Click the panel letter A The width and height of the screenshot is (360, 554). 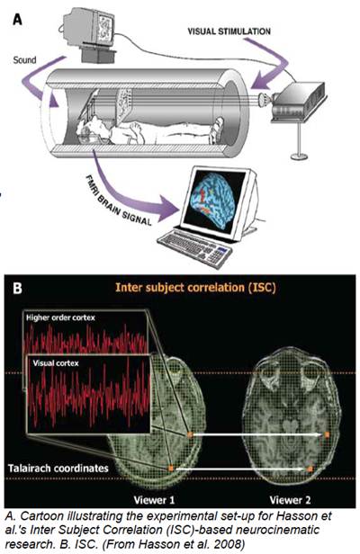17,19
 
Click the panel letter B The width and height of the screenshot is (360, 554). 17,288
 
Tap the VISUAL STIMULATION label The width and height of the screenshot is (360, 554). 229,31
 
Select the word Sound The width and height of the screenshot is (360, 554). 24,60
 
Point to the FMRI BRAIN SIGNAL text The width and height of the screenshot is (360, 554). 119,201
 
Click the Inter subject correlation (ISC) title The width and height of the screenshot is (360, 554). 195,287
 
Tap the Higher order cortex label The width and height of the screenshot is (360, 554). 60,317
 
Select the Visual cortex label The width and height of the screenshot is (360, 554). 56,362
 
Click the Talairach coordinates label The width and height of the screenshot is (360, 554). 58,469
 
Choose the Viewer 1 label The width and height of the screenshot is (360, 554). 154,500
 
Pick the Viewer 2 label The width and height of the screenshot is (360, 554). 290,500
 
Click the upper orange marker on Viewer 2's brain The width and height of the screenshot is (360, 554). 327,434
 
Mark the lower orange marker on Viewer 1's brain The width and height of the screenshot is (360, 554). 171,469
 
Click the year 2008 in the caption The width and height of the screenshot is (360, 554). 230,544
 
